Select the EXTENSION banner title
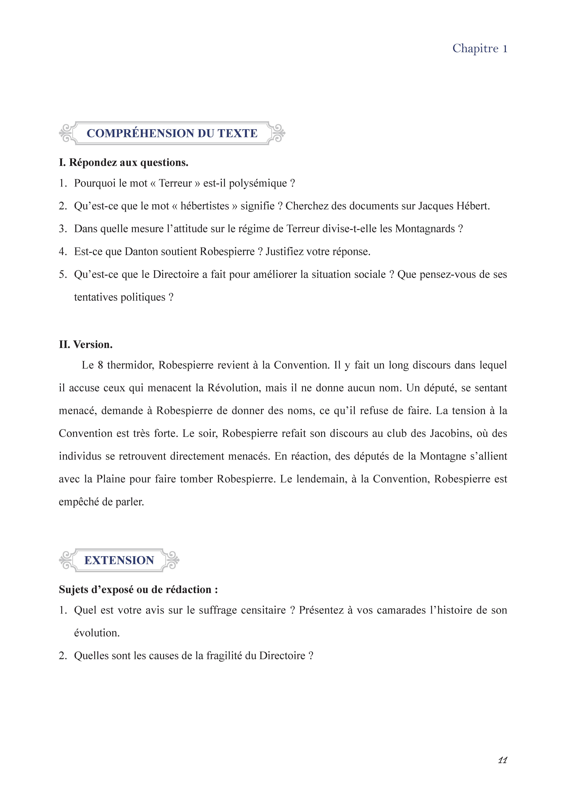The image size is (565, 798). (x=119, y=560)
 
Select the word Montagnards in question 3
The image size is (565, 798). (x=425, y=229)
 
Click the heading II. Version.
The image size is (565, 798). (x=86, y=345)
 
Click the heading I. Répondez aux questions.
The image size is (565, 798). (x=124, y=163)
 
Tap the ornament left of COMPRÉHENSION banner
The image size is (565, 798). (x=66, y=133)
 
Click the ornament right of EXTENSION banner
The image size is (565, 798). (x=172, y=560)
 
